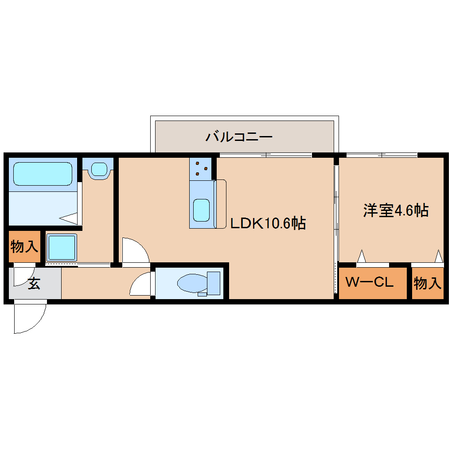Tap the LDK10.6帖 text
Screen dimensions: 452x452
tap(268, 223)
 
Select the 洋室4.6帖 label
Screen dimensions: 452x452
tap(396, 210)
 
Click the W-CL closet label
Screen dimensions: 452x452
tap(369, 282)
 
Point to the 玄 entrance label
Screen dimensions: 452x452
tap(34, 284)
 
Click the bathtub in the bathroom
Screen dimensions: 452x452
tap(43, 174)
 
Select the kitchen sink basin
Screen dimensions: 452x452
tap(201, 210)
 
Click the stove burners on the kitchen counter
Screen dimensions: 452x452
tap(201, 168)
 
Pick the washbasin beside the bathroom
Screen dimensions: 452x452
tap(98, 169)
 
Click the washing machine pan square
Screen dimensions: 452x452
tap(62, 248)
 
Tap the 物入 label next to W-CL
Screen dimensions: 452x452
tap(427, 283)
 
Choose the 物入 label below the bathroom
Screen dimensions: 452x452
tap(24, 246)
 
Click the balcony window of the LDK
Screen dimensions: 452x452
tap(266, 155)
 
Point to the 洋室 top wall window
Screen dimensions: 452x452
tap(381, 155)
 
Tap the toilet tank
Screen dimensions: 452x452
tap(214, 283)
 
